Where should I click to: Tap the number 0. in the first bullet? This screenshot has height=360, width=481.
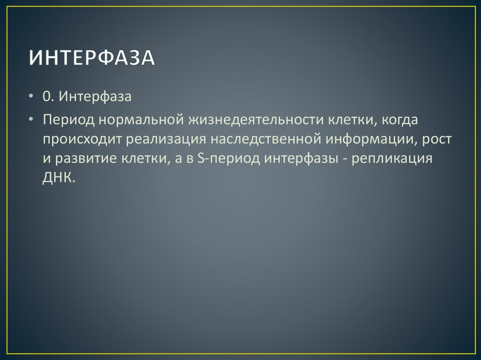click(49, 97)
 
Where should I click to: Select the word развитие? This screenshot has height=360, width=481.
click(84, 159)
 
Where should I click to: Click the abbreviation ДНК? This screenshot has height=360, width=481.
click(58, 178)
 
